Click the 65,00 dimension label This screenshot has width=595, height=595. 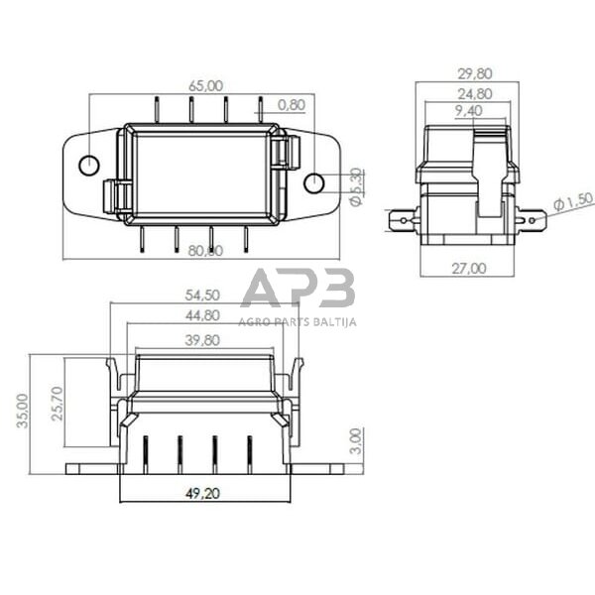[206, 86]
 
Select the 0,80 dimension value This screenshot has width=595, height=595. [292, 103]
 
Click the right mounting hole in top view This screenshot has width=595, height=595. [313, 182]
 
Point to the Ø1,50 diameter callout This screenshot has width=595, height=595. [572, 202]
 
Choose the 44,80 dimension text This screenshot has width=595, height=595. [203, 316]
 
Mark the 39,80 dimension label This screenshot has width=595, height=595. [203, 339]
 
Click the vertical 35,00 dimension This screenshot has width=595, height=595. [22, 409]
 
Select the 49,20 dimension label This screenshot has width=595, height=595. [202, 492]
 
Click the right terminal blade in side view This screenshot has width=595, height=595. [531, 218]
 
